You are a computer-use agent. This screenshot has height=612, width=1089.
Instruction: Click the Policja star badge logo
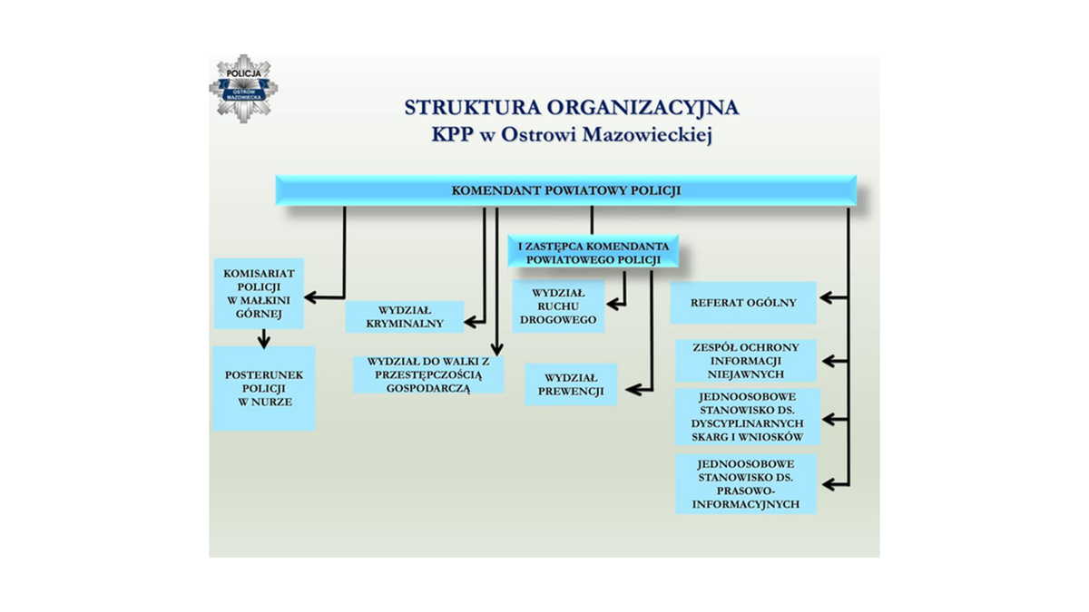pos(243,89)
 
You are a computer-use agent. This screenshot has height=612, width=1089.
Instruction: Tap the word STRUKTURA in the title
pos(473,107)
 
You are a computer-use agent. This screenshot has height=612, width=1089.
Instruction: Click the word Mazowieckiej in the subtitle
pos(647,135)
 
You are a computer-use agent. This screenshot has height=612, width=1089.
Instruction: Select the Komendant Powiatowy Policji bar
pos(566,190)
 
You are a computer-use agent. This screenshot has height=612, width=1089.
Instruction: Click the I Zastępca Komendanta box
pos(594,252)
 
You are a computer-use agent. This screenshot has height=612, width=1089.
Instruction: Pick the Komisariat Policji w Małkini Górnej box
pos(260,294)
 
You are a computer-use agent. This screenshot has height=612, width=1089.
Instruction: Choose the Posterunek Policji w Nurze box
pos(264,388)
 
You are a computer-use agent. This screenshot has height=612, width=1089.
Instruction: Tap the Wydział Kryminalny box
pos(405,316)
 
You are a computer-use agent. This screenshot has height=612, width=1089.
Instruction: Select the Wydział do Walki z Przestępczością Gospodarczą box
pos(428,375)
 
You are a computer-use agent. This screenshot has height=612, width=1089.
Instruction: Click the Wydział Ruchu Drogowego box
pos(558,306)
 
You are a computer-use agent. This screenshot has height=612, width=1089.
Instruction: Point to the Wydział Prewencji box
pos(571,384)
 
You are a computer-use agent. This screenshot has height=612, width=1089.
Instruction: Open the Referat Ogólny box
pos(743,303)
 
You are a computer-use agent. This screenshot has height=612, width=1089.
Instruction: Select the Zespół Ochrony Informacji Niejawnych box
pos(746,361)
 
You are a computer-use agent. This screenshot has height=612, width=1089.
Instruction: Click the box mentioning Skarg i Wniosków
pos(747,417)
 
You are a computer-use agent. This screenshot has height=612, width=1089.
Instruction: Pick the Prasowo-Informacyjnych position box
pos(746,484)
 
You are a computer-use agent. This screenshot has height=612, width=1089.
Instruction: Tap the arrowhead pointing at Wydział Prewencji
pos(633,390)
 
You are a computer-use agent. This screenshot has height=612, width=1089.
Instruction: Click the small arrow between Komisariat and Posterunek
pos(264,338)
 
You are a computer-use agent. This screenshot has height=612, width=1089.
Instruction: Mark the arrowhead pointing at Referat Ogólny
pos(828,297)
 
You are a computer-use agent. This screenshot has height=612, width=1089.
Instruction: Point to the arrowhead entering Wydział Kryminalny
pos(472,322)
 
